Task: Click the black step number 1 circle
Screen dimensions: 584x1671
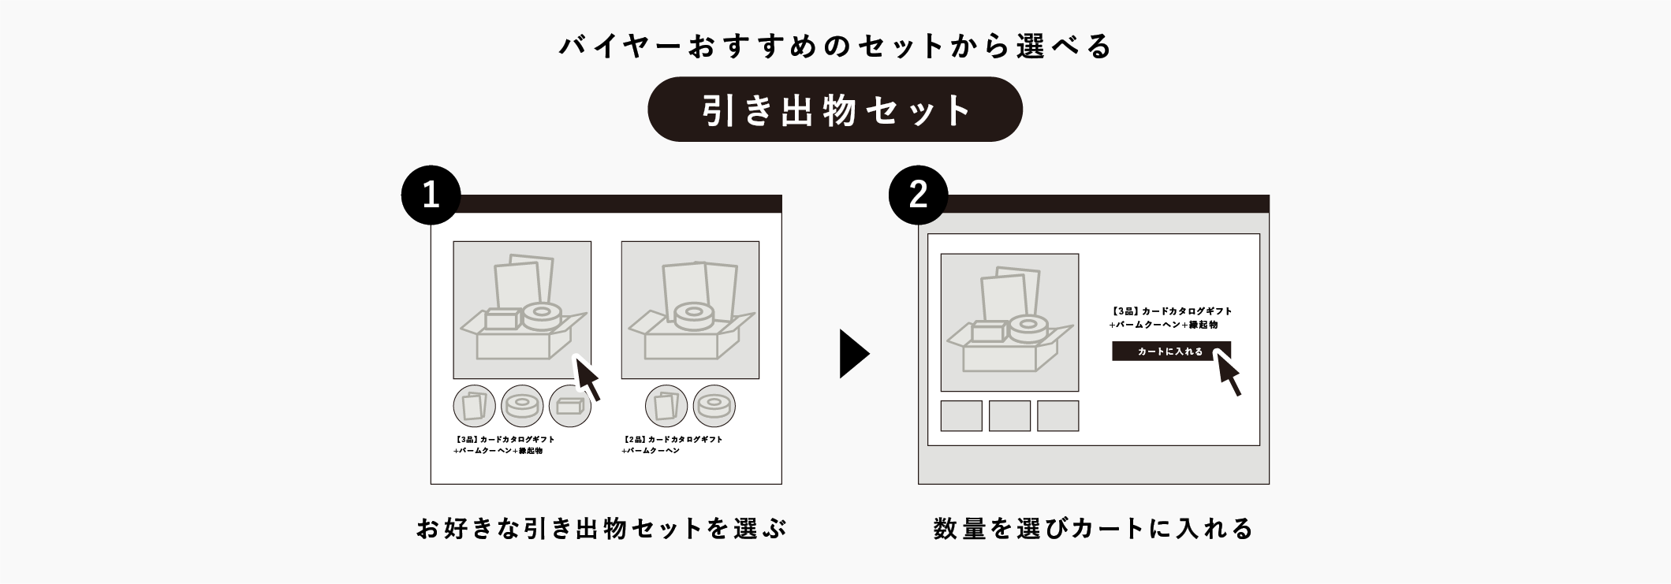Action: click(431, 195)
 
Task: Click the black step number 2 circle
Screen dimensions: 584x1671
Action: click(918, 195)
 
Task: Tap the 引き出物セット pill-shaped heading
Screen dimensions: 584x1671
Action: click(834, 110)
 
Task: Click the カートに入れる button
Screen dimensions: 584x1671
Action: click(1169, 352)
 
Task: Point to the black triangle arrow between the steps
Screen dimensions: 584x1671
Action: click(852, 354)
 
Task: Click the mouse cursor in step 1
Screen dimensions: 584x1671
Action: click(587, 378)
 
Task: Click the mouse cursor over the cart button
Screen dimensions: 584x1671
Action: click(1229, 373)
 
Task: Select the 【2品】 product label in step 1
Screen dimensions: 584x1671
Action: click(672, 445)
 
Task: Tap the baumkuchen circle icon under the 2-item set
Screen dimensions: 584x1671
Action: click(714, 406)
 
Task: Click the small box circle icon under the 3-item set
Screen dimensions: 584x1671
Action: click(569, 406)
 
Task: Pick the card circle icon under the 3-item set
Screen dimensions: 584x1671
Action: click(474, 406)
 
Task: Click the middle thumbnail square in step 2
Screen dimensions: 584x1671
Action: click(1009, 415)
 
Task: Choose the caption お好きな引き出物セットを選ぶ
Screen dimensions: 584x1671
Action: click(601, 528)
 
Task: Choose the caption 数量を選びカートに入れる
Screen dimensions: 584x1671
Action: click(1093, 528)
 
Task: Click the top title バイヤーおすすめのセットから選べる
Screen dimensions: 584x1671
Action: click(834, 46)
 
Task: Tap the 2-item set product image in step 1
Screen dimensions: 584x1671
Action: click(690, 310)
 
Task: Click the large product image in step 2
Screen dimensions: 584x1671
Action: click(1009, 322)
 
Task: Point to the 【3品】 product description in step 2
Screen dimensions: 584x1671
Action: click(1170, 318)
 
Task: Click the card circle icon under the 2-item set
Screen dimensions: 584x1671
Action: click(666, 406)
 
